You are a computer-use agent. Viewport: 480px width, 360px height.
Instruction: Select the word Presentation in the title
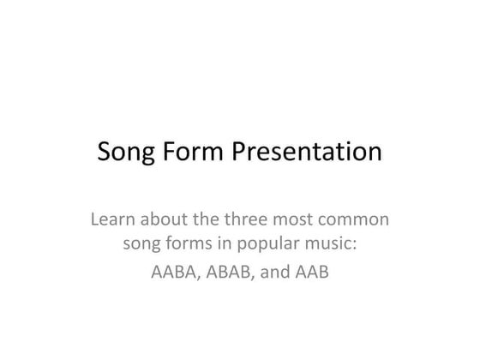click(x=306, y=153)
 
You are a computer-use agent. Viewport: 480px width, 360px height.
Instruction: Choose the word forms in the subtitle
click(x=192, y=247)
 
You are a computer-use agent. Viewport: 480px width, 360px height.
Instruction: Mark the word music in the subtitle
click(x=330, y=247)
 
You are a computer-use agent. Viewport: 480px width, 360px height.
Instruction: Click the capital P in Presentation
click(x=239, y=153)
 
